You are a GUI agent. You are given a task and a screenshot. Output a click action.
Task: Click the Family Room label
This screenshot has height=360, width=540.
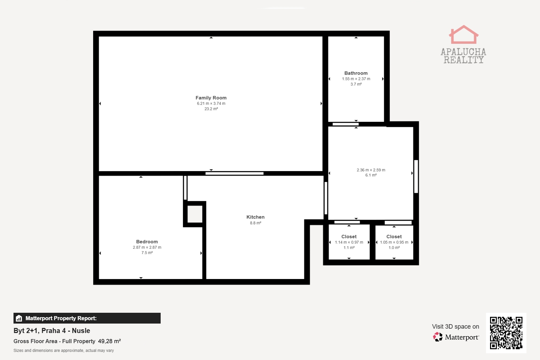pos(211,98)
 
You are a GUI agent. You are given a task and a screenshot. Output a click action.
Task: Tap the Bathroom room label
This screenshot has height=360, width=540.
pos(356,73)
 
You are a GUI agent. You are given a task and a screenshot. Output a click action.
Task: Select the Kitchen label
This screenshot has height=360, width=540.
pos(255,217)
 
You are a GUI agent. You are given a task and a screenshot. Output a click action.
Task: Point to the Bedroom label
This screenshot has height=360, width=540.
pos(147,242)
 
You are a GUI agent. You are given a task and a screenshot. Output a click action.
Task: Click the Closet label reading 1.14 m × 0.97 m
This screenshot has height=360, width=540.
pos(349,237)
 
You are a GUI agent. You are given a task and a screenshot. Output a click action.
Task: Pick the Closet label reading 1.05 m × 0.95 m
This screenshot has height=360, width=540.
pos(394,237)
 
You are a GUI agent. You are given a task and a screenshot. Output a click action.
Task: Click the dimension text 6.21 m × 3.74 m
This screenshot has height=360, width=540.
pos(211,103)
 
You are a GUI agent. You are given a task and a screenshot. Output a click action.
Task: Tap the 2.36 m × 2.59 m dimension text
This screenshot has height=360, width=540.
pos(371,170)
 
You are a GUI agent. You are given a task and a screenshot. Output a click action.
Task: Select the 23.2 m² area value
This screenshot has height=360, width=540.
pos(211,109)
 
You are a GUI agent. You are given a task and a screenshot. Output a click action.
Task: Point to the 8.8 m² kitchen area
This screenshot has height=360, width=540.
pos(255,223)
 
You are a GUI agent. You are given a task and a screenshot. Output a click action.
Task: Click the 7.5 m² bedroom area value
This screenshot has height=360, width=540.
pos(147,252)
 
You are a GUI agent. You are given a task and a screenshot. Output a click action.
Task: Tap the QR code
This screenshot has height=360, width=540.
pos(506,333)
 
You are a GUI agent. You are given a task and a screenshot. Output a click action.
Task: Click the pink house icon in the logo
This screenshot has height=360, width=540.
pos(464,34)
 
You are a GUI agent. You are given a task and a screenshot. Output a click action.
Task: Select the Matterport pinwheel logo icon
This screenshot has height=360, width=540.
pos(438,337)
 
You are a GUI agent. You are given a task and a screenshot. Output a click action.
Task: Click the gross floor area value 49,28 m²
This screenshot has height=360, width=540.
pos(109,341)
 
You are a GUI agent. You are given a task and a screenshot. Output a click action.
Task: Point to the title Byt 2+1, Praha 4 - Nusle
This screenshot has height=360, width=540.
pos(52,330)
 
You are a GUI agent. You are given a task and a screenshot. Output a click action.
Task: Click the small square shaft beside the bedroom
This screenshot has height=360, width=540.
pos(195,214)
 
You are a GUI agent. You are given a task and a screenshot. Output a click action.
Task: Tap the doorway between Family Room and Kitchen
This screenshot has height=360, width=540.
pos(234,173)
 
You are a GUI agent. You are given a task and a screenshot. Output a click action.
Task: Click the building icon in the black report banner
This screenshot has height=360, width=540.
pos(19,318)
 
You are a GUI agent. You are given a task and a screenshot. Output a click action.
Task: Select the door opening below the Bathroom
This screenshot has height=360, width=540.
pos(346,124)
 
